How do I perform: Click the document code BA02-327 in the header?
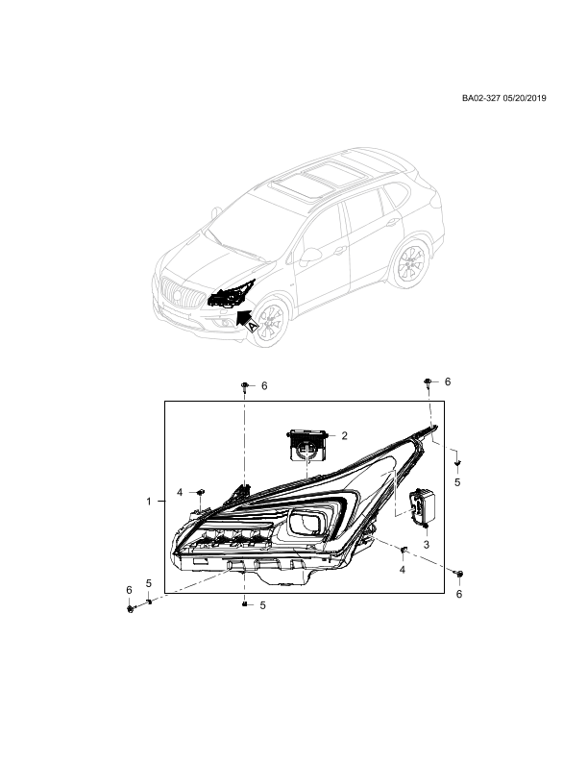pyautogui.click(x=480, y=98)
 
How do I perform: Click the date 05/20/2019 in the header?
pyautogui.click(x=525, y=98)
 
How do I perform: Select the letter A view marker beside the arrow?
pyautogui.click(x=254, y=327)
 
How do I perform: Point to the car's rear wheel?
pyautogui.click(x=410, y=263)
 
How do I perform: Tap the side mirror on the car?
pyautogui.click(x=309, y=256)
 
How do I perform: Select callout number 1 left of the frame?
pyautogui.click(x=149, y=502)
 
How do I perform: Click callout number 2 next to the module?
pyautogui.click(x=345, y=436)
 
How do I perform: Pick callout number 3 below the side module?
pyautogui.click(x=426, y=545)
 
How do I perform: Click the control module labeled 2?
pyautogui.click(x=307, y=444)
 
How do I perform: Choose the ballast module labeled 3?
pyautogui.click(x=422, y=507)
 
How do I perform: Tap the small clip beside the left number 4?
pyautogui.click(x=199, y=493)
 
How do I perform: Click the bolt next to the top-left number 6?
pyautogui.click(x=246, y=386)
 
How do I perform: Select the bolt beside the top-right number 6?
pyautogui.click(x=428, y=382)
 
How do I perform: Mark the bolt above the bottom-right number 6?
pyautogui.click(x=459, y=575)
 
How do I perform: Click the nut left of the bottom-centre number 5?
pyautogui.click(x=245, y=604)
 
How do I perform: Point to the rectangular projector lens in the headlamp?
pyautogui.click(x=306, y=524)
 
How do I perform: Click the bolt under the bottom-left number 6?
pyautogui.click(x=130, y=608)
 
